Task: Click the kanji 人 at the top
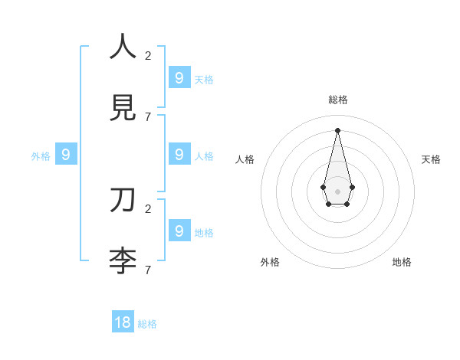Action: [123, 46]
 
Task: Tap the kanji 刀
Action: [123, 199]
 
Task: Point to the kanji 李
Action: [123, 261]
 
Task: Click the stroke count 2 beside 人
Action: [148, 55]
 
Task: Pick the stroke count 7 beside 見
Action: [148, 117]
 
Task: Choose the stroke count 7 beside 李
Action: [148, 270]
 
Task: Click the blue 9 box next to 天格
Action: [179, 77]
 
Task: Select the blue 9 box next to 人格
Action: [179, 154]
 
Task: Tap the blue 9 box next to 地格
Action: [179, 230]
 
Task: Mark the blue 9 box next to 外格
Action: [66, 155]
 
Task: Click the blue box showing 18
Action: [123, 322]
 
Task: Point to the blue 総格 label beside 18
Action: [147, 324]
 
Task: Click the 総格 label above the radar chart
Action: [338, 100]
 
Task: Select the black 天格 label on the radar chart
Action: [431, 159]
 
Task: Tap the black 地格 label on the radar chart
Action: [402, 262]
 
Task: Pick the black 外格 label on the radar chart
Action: [270, 262]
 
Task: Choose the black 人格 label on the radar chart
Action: [245, 159]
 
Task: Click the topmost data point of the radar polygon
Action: [337, 129]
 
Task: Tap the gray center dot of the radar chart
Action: [337, 191]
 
